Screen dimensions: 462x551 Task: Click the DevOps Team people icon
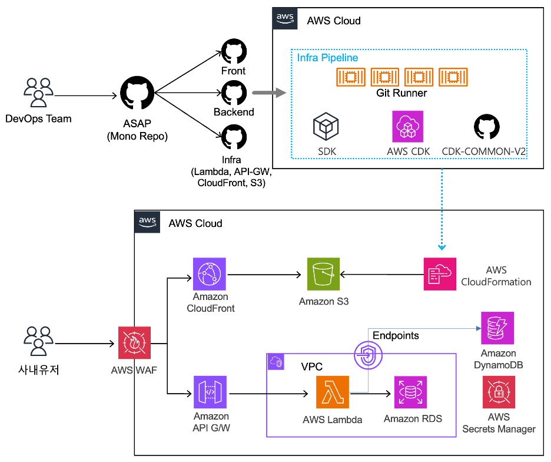tap(38, 91)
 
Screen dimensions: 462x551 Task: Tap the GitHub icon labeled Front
tap(233, 51)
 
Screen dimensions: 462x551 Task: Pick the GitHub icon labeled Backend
tap(233, 93)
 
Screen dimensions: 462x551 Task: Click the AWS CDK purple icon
tap(407, 126)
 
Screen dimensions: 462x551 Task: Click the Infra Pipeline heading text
tap(327, 58)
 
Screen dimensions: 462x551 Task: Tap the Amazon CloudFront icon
tap(210, 274)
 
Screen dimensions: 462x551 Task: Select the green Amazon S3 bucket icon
tap(323, 274)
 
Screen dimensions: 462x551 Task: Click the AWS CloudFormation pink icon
tap(440, 274)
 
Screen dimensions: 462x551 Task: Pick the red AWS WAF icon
tap(134, 342)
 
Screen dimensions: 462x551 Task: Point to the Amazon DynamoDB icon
tap(497, 328)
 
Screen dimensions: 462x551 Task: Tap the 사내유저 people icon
tap(38, 341)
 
